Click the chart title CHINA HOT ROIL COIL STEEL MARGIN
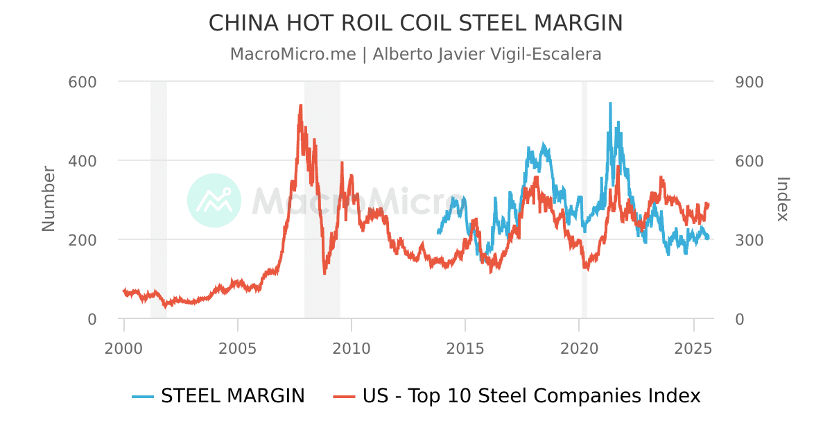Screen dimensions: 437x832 click(x=415, y=23)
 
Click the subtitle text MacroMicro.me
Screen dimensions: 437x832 click(x=293, y=54)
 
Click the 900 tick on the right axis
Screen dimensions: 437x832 click(x=749, y=82)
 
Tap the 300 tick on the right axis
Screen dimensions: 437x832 click(x=749, y=240)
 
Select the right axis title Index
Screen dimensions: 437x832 click(x=783, y=198)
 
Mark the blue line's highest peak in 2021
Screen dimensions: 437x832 click(x=610, y=103)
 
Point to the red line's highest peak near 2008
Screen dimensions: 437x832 click(x=300, y=105)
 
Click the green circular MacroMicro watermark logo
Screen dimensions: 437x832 click(x=214, y=200)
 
